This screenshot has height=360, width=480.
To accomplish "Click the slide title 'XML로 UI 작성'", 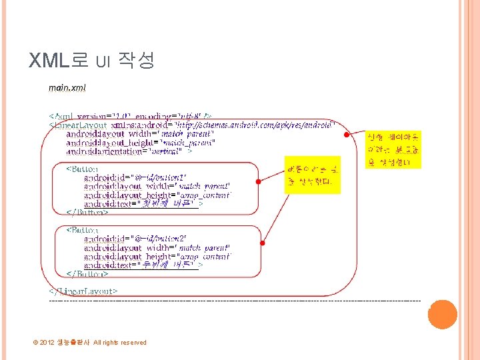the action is tap(92, 61).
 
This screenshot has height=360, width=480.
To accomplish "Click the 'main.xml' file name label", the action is tap(67, 87).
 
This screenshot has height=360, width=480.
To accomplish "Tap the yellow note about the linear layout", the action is tap(391, 149).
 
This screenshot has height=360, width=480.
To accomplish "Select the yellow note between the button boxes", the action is tap(311, 175).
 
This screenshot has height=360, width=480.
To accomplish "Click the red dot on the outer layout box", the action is tap(346, 135).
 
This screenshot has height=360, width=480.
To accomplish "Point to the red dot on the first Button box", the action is tap(257, 181).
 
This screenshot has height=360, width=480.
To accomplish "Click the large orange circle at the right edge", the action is tap(442, 314).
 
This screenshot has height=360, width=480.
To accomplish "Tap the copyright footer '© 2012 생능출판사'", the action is tap(89, 343).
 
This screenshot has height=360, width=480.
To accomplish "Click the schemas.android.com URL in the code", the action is tap(253, 125).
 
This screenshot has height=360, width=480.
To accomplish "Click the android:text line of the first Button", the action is tap(143, 204).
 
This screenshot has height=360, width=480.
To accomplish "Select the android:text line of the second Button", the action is tap(143, 265).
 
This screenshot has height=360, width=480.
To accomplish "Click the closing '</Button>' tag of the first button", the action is tap(87, 213).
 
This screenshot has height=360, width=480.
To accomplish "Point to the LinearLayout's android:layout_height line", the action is tap(140, 143).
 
